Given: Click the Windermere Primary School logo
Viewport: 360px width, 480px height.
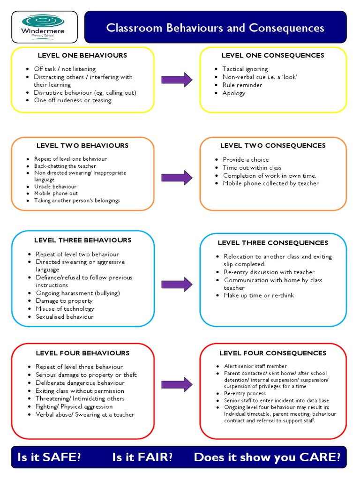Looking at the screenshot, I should [x=44, y=27].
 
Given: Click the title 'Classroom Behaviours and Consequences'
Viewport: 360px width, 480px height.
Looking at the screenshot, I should [x=215, y=28].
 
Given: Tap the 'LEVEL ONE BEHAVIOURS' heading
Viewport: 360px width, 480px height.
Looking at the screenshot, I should [x=82, y=55].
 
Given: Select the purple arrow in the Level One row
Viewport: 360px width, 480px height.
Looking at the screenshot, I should [x=177, y=80].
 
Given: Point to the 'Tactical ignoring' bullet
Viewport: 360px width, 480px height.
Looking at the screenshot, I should [x=245, y=69].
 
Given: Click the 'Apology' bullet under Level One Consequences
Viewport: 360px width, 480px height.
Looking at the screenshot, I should [x=234, y=93].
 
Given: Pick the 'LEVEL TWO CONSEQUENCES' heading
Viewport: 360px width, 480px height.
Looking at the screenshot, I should [x=273, y=145].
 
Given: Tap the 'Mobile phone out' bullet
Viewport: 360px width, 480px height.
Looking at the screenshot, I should [x=56, y=193].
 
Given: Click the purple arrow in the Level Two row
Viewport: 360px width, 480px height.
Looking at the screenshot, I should [x=177, y=178].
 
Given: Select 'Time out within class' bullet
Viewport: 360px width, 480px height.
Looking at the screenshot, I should [x=252, y=167].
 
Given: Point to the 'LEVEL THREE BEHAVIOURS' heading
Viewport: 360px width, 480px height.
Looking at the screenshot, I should [x=82, y=240].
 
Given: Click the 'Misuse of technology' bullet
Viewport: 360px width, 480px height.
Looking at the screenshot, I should [x=65, y=308].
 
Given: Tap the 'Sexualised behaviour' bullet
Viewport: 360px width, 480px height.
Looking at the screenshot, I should [x=65, y=316].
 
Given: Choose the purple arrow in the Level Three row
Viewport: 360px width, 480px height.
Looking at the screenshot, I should [x=177, y=284].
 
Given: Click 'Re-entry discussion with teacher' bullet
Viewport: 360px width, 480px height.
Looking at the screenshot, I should [x=269, y=272].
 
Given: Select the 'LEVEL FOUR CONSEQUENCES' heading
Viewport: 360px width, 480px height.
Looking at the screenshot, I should [x=273, y=353].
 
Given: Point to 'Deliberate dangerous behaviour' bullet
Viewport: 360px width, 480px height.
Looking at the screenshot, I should [x=80, y=382].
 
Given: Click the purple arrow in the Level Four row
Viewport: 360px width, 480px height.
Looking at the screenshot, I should [x=177, y=384].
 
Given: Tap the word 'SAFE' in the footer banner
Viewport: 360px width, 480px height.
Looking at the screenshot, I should [x=62, y=457].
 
